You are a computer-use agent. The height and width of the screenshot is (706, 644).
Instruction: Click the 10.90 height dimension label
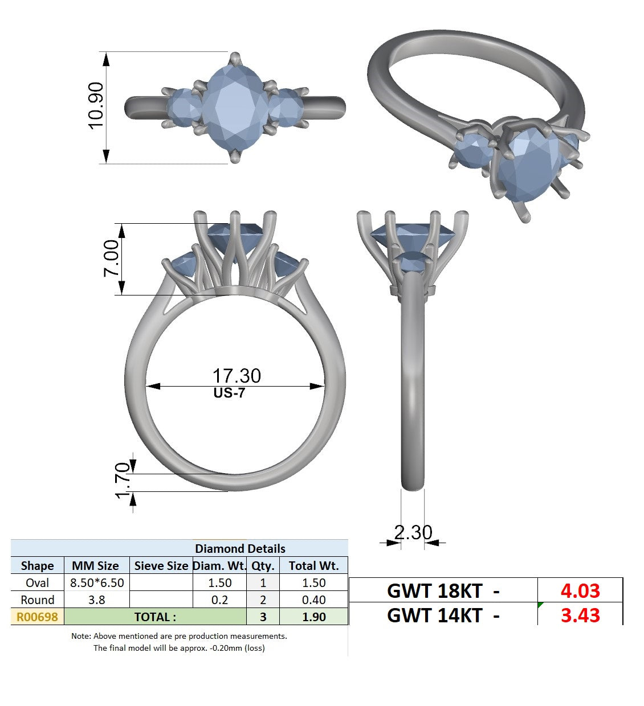(x=96, y=105)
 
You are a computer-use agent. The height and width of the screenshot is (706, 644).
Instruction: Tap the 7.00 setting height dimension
(x=111, y=258)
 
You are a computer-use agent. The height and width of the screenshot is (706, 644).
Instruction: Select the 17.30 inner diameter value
(x=237, y=376)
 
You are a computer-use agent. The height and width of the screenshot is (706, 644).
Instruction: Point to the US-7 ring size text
(x=229, y=393)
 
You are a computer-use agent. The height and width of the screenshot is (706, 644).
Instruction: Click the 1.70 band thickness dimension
(x=123, y=481)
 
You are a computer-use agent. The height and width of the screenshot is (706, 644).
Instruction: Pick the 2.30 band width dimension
(x=413, y=532)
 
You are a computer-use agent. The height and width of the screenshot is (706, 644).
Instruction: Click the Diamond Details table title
(x=240, y=548)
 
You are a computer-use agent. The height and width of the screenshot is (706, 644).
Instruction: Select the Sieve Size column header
(x=161, y=565)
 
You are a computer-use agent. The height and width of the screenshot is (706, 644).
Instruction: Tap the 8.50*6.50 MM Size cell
(x=97, y=583)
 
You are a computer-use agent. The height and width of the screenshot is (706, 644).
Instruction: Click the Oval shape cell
(x=37, y=583)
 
